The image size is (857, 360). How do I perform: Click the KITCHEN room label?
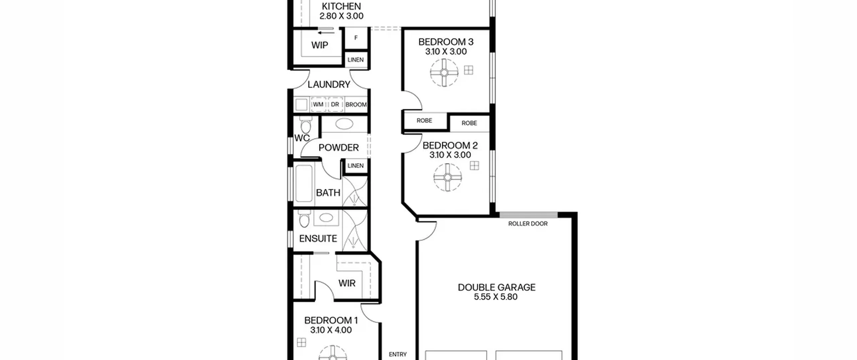341,6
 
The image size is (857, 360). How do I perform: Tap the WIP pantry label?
320,45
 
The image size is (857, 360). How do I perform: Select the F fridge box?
356,38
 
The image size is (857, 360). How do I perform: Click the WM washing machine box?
318,104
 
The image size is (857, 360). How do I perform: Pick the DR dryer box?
335,104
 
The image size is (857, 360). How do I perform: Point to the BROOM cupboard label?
356,105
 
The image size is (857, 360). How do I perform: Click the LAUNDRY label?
329,84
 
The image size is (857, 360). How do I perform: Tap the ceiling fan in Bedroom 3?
444,72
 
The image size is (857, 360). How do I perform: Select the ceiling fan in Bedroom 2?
448,177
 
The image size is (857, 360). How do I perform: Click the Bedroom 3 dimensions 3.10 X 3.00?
446,52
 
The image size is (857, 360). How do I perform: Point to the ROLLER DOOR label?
528,224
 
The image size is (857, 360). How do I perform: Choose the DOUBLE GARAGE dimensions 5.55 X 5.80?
496,297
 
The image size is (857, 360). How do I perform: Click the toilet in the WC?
305,125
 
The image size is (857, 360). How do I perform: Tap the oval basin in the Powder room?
344,124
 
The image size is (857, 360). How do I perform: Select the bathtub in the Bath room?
304,183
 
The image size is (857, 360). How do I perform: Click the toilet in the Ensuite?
304,219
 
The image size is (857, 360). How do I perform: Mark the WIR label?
347,283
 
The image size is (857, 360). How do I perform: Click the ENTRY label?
398,354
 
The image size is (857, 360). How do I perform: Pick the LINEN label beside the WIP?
356,60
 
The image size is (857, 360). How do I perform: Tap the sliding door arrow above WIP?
326,33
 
